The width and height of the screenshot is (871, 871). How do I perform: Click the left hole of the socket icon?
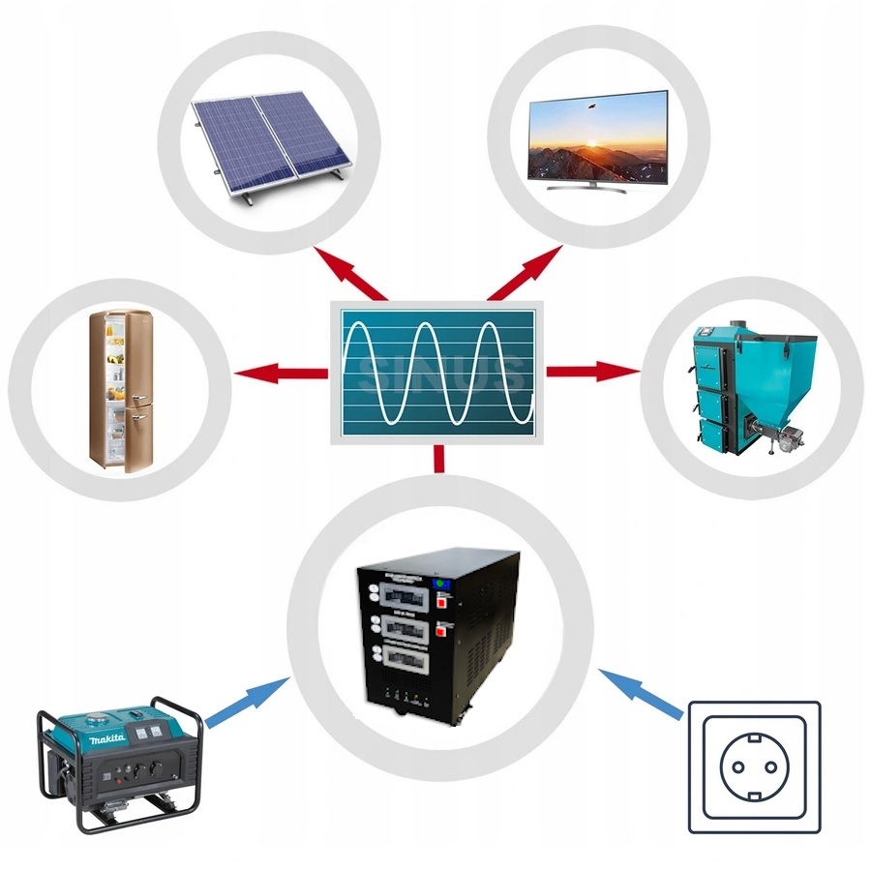click(x=737, y=766)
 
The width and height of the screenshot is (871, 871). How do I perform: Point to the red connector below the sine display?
click(x=439, y=459)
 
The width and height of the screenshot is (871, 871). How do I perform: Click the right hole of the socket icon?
click(x=773, y=766)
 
